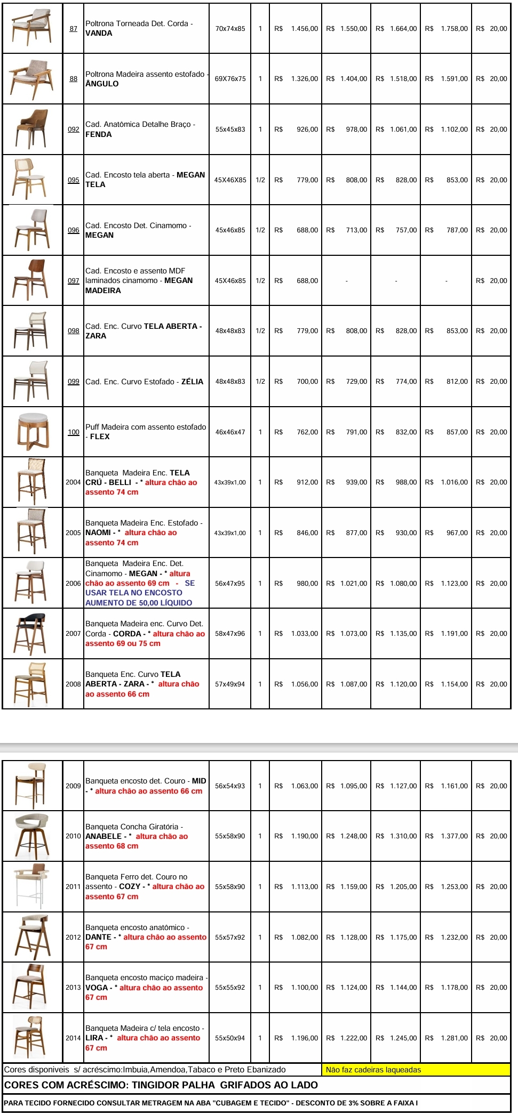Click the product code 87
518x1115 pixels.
(74, 28)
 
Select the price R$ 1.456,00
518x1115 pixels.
(297, 29)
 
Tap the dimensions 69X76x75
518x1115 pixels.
(230, 79)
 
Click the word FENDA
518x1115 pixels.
(99, 134)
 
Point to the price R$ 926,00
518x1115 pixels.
(297, 130)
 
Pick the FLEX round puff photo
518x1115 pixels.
(33, 432)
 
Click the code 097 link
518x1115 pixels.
(74, 280)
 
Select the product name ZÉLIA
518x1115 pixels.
(192, 382)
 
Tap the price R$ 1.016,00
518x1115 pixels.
(447, 482)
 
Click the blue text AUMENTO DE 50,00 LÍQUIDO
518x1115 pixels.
(139, 603)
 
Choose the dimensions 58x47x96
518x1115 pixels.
(230, 634)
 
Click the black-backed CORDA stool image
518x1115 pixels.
(33, 633)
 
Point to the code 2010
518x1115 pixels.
(73, 836)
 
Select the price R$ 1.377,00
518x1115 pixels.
(447, 836)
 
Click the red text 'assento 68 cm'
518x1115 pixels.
(111, 846)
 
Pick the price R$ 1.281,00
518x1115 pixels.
(447, 1038)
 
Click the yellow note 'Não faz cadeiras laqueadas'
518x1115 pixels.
(373, 1070)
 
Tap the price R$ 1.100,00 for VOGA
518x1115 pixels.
(297, 988)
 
